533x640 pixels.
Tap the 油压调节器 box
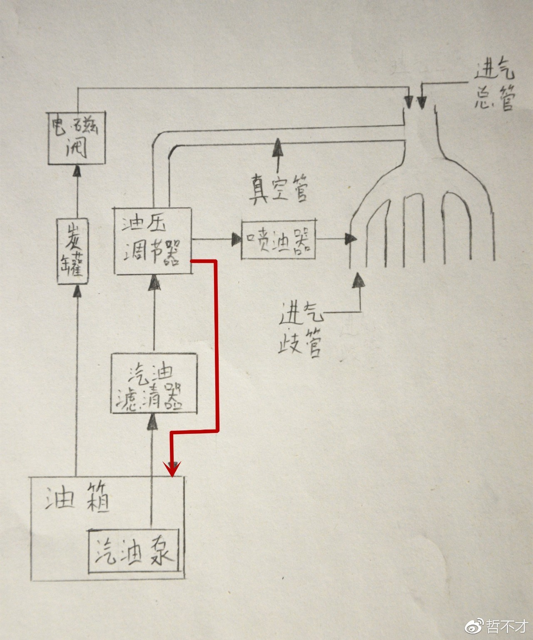(x=153, y=241)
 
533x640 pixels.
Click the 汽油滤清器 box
(x=154, y=383)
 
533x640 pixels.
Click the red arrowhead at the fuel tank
(x=172, y=469)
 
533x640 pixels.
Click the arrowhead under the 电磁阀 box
(x=76, y=171)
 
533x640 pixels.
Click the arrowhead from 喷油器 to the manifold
(x=351, y=239)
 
